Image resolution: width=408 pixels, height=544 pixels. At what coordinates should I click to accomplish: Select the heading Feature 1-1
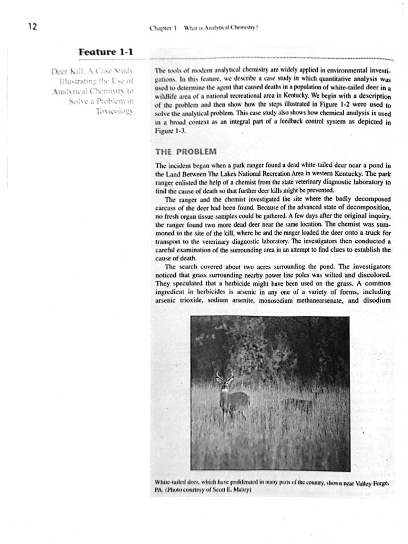pos(106,52)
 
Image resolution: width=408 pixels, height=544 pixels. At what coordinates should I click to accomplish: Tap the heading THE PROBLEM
pos(183,151)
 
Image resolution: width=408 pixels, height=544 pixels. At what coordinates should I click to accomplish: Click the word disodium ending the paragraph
pos(375,301)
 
